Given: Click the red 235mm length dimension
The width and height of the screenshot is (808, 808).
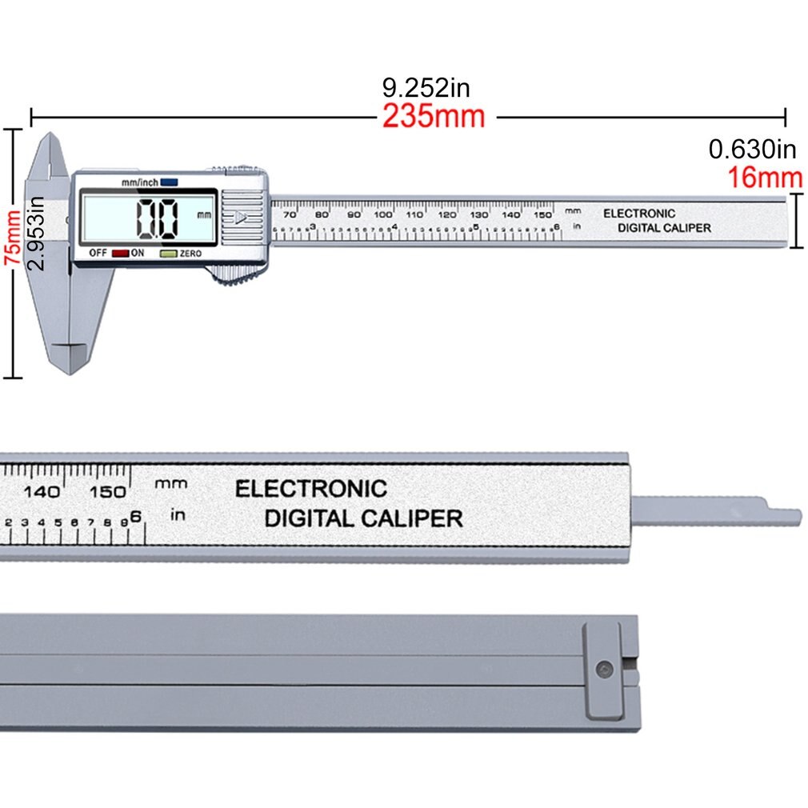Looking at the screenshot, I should tap(433, 117).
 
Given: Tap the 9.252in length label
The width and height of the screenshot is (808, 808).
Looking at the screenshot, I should tap(425, 87).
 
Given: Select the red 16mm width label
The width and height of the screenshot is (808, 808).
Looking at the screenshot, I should tap(765, 177).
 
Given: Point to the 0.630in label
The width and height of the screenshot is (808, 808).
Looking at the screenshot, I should tap(753, 149).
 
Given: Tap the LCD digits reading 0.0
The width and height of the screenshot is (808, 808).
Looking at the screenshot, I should tap(157, 218).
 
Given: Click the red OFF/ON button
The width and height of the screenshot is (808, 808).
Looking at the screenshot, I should tap(120, 254).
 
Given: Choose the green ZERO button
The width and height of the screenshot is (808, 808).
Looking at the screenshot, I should tap(168, 254).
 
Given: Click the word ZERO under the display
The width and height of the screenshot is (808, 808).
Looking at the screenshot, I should tap(190, 254).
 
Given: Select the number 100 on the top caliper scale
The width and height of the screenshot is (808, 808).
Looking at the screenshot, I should tap(383, 214).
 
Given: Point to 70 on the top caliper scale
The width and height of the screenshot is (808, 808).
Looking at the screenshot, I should tap(290, 214).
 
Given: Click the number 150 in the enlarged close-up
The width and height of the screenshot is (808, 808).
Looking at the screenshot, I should tap(108, 491).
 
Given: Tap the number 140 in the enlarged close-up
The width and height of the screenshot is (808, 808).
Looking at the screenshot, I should tap(42, 491).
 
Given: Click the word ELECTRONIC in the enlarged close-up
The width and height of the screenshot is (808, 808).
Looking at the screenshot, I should tap(310, 489).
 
